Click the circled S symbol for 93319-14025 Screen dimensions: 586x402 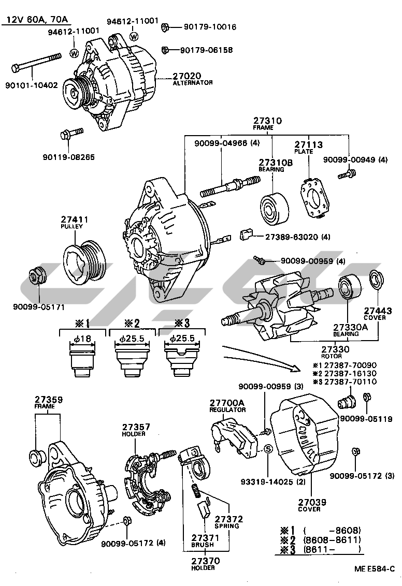[268, 449]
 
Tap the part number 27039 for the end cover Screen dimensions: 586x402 [309, 502]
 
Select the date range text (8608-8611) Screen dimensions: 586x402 [332, 540]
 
